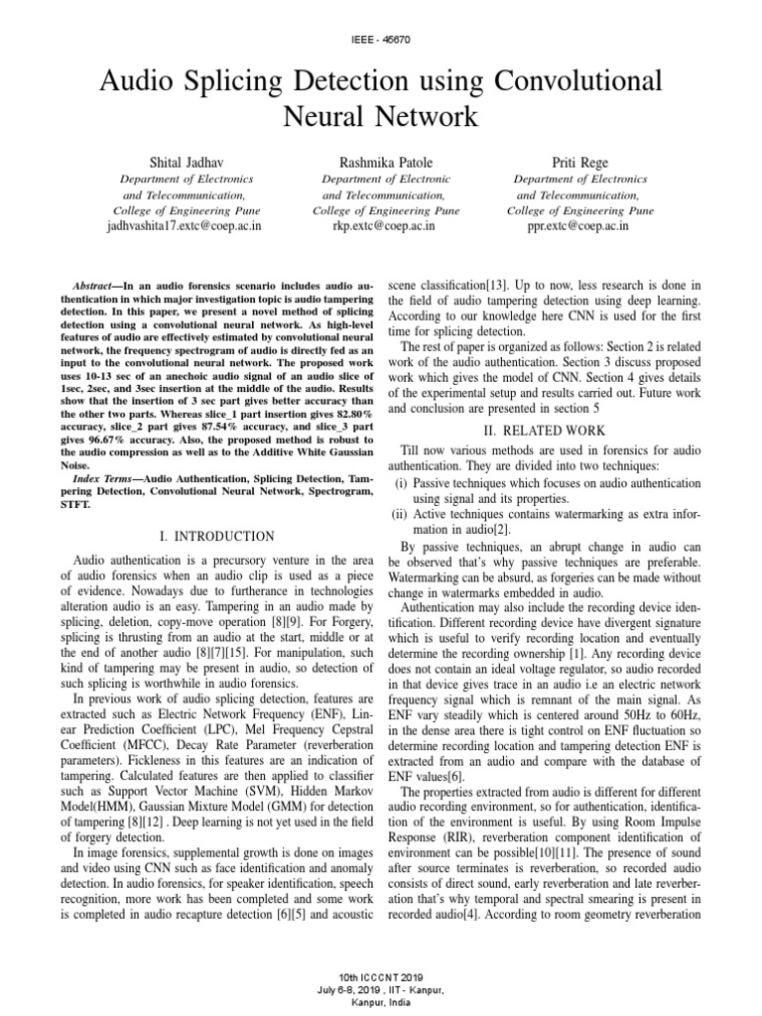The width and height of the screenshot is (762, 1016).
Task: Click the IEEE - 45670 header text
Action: [381, 39]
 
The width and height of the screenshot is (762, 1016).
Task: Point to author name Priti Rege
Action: [580, 161]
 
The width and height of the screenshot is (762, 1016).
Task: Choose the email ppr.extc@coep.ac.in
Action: [580, 226]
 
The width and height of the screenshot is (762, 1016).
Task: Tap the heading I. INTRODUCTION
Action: [216, 537]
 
